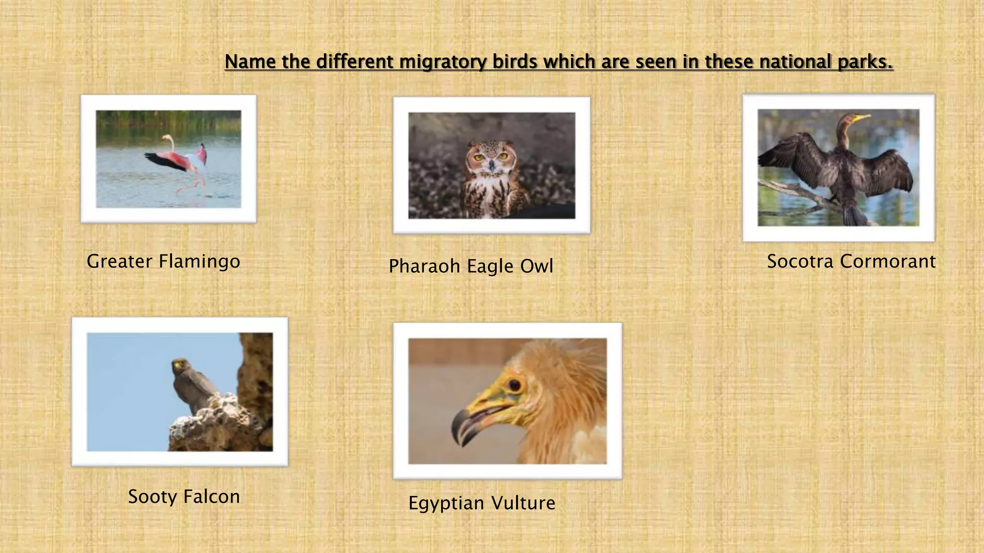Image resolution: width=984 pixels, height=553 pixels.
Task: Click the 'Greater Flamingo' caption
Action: [163, 262]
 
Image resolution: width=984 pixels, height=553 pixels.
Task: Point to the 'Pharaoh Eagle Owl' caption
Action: [471, 266]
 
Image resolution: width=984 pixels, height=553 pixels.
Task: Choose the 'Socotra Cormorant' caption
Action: [851, 262]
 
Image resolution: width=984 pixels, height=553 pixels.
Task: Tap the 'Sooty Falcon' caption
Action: [184, 497]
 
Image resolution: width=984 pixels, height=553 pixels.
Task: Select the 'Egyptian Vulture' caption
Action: [482, 503]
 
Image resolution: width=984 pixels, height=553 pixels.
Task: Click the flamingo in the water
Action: [183, 161]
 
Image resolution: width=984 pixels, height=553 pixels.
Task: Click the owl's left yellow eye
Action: [479, 157]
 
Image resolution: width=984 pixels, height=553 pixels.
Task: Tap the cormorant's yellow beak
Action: [862, 117]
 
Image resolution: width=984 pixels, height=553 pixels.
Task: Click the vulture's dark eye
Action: [515, 385]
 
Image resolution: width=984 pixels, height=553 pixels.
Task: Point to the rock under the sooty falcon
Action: [216, 425]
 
